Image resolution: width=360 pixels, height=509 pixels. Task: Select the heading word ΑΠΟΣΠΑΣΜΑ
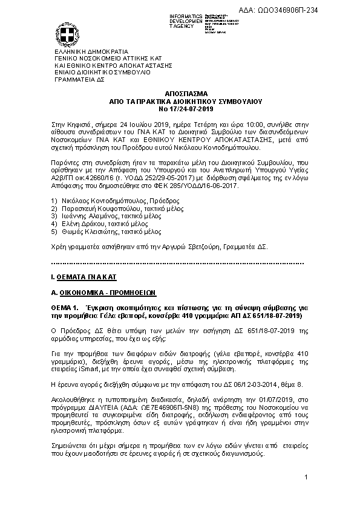pos(180,94)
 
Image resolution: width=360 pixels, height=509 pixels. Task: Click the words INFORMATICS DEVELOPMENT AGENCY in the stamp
pos(185,20)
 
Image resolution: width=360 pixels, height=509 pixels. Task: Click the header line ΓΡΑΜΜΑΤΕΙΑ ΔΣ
pos(80,79)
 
